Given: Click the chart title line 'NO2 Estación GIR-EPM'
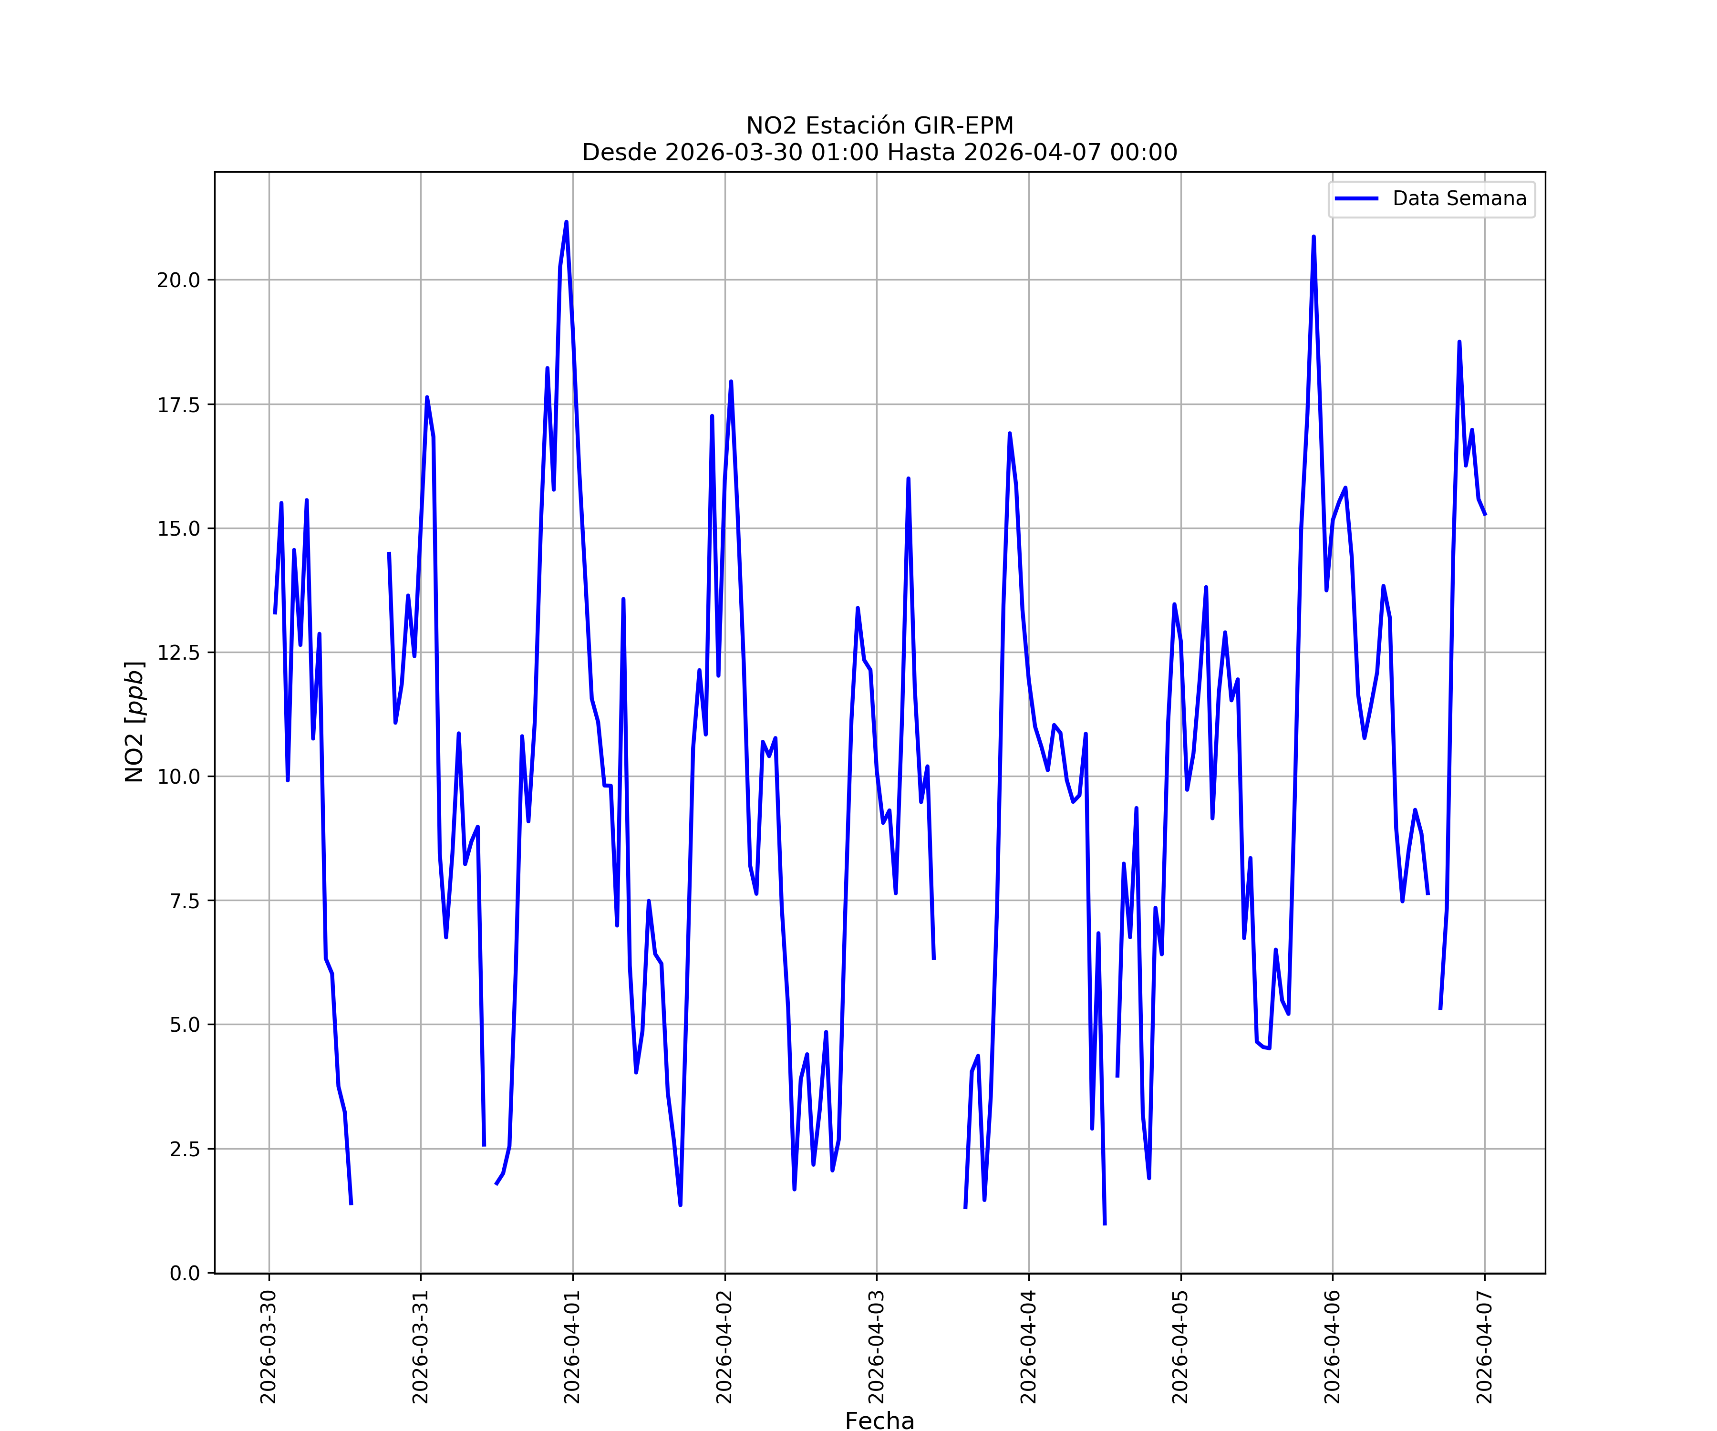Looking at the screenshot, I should tap(880, 126).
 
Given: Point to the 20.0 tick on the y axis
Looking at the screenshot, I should tap(178, 280).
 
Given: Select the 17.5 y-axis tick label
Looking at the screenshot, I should tap(178, 405).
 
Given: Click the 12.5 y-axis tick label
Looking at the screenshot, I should tap(178, 653).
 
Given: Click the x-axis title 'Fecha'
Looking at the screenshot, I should tap(880, 1421).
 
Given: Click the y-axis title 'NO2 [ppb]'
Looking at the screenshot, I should tap(135, 721).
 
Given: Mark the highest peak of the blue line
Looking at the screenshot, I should tap(566, 222).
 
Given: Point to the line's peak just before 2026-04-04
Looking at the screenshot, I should tap(1010, 434).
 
